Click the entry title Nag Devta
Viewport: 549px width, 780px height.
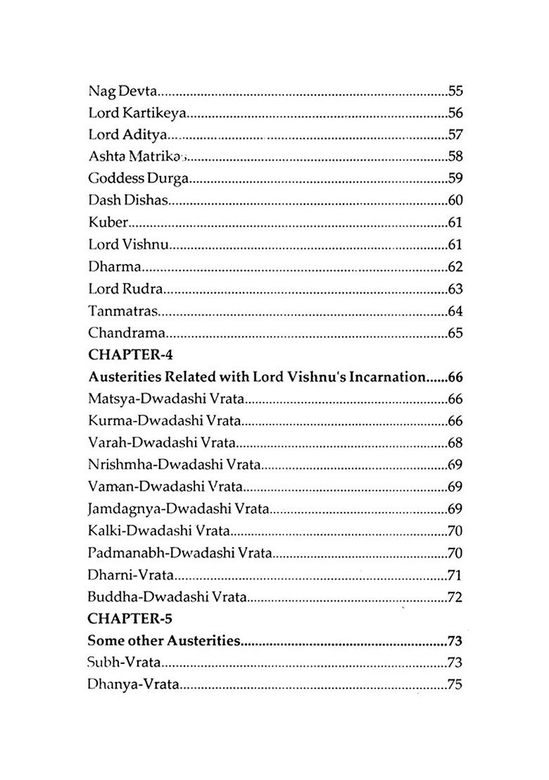pyautogui.click(x=122, y=91)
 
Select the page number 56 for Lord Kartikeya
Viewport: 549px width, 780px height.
pyautogui.click(x=455, y=113)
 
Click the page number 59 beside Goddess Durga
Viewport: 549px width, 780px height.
pyautogui.click(x=455, y=178)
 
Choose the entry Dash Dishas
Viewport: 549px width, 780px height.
pyautogui.click(x=128, y=201)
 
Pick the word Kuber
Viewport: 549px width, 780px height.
pyautogui.click(x=108, y=222)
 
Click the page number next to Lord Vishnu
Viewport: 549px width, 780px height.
pyautogui.click(x=455, y=244)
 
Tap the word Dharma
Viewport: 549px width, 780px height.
pyautogui.click(x=115, y=267)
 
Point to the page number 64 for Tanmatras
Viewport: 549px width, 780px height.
pyautogui.click(x=455, y=310)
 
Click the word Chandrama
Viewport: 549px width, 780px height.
pyautogui.click(x=127, y=333)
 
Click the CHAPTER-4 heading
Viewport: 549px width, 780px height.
pyautogui.click(x=130, y=354)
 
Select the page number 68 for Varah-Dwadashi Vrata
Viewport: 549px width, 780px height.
pyautogui.click(x=455, y=443)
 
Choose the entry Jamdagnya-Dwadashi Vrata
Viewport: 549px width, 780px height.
pyautogui.click(x=179, y=509)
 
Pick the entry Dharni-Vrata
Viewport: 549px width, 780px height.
pyautogui.click(x=131, y=575)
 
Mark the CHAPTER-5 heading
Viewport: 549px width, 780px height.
pyautogui.click(x=130, y=619)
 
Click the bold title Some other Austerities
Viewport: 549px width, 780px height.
pyautogui.click(x=164, y=641)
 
